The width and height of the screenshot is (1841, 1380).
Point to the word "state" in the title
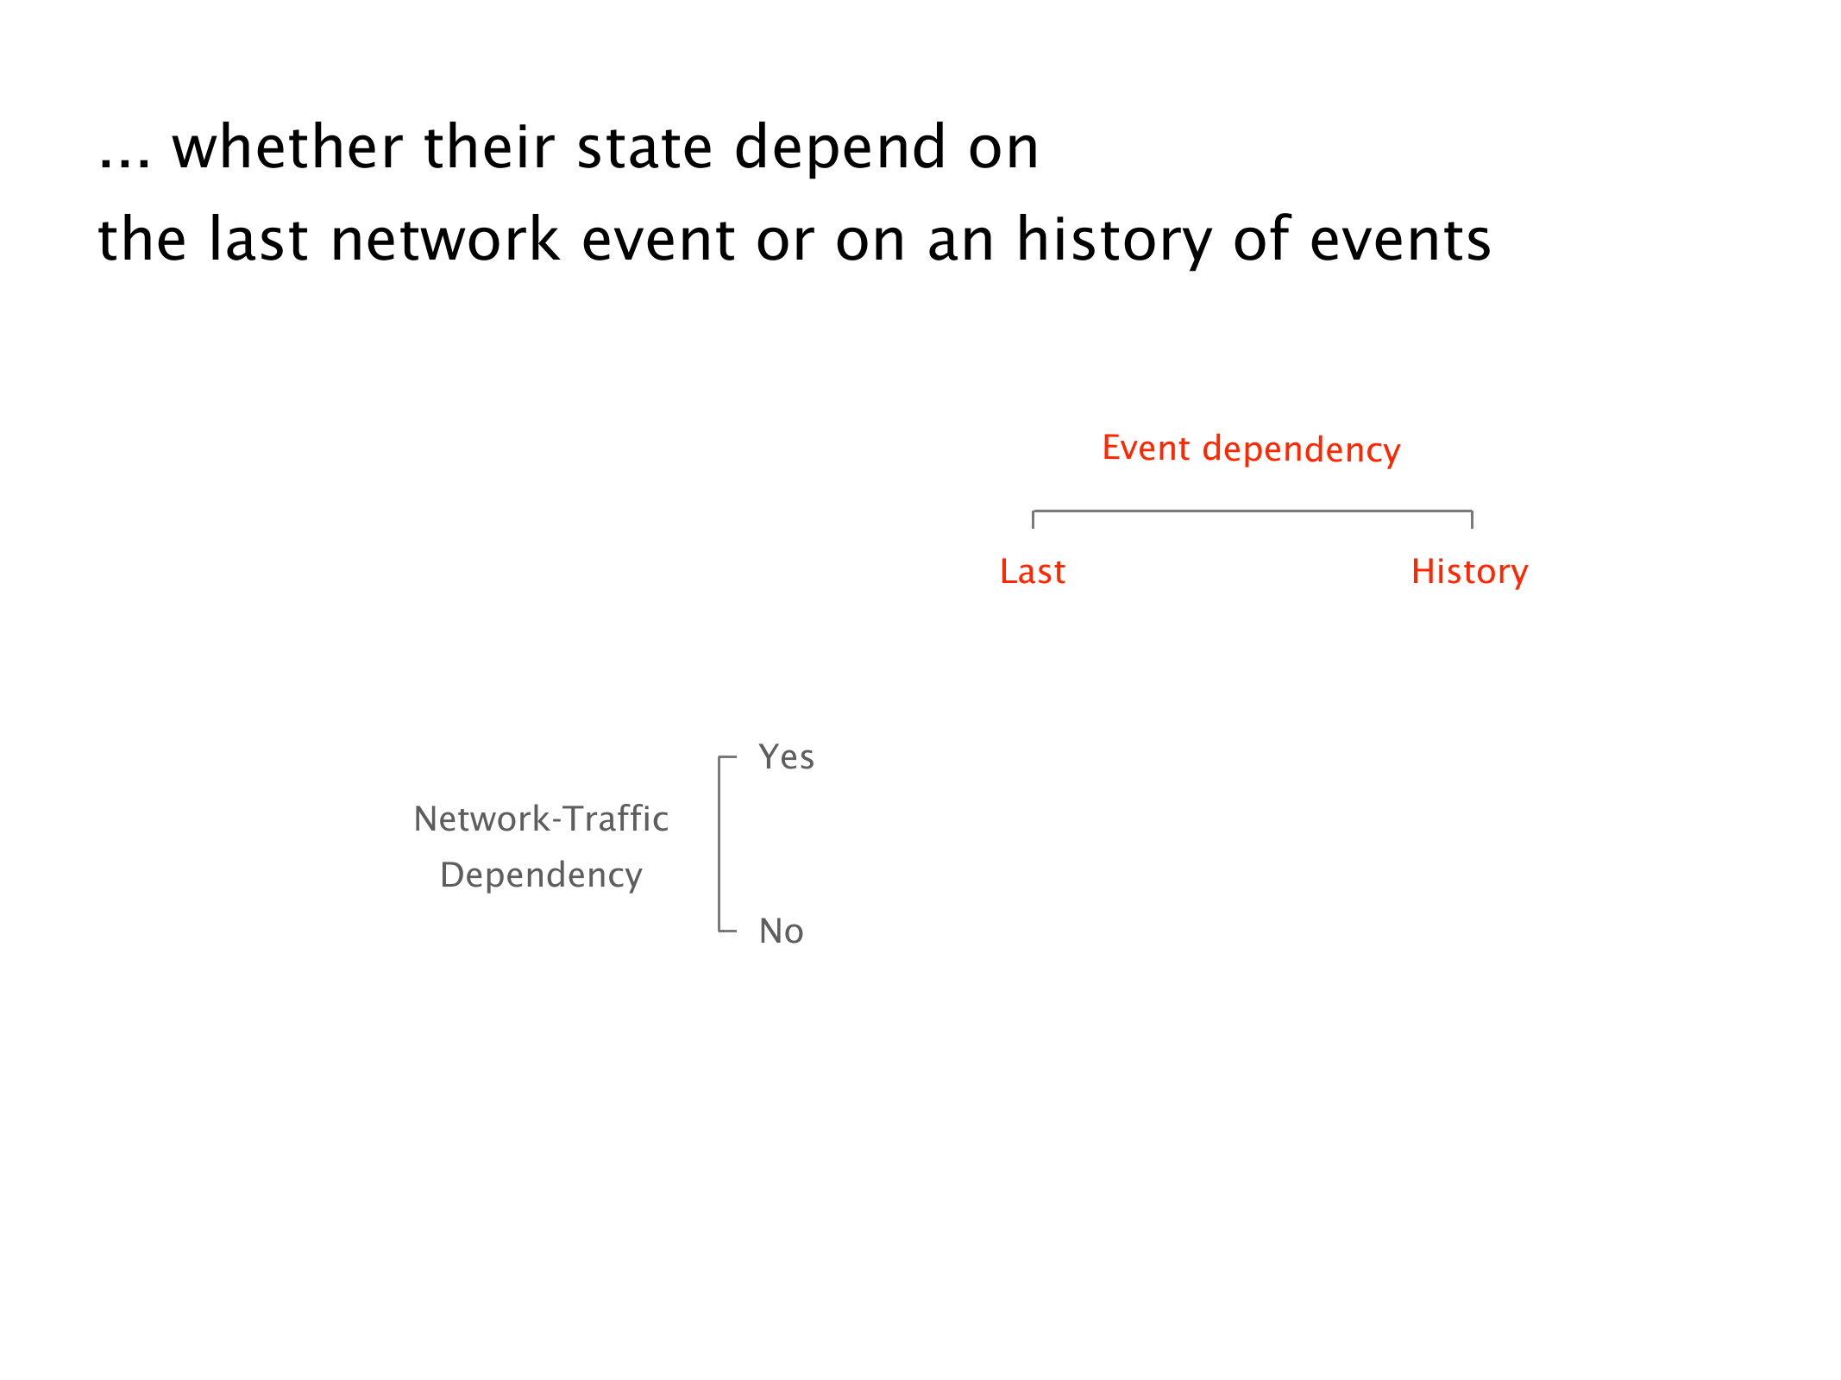[644, 147]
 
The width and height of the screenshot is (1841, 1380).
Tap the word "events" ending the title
[1400, 240]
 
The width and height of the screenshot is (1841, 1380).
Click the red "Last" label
[1033, 572]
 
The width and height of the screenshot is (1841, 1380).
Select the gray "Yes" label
[787, 757]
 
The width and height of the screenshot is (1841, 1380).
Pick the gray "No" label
[782, 931]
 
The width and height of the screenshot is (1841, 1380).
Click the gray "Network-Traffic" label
[541, 819]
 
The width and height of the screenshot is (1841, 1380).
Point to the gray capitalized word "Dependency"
[541, 876]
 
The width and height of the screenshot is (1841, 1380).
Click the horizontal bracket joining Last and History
[1253, 511]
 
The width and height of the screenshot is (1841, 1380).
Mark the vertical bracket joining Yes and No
[719, 844]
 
